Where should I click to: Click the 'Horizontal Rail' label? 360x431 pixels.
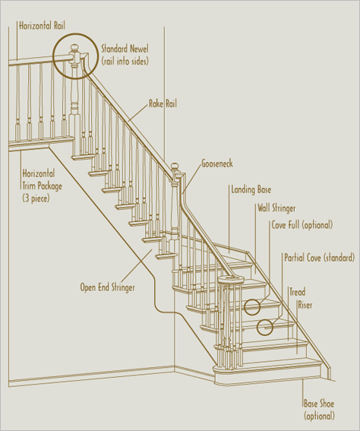(42, 26)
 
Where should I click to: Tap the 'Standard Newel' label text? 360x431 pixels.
(125, 49)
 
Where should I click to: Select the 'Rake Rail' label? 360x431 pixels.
(163, 103)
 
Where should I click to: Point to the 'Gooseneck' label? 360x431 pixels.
(217, 163)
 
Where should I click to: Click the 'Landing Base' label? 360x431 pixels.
(251, 190)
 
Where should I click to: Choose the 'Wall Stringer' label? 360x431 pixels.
(276, 208)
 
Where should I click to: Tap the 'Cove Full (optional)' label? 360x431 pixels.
(302, 225)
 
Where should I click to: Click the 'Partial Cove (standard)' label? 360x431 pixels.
(319, 258)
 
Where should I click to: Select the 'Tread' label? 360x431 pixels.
(298, 292)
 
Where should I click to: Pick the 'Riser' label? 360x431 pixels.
(305, 305)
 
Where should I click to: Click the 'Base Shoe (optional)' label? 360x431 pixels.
(319, 410)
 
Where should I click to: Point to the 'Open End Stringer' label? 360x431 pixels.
(107, 287)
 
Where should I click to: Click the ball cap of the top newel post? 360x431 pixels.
(74, 49)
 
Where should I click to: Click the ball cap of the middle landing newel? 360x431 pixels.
(175, 166)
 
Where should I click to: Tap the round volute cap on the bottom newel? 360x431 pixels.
(231, 280)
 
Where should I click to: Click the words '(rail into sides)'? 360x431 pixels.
(125, 61)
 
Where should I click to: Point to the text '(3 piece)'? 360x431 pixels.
(36, 198)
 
